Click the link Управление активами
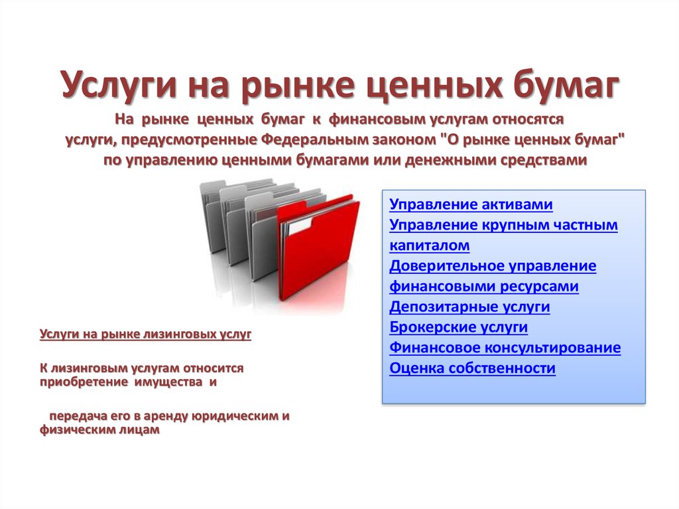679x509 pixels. tap(471, 204)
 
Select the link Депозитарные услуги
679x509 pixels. tap(469, 307)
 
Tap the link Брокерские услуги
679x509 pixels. tap(459, 327)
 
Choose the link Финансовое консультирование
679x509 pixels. tap(505, 347)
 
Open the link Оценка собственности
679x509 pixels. tap(472, 368)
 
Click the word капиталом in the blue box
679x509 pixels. tap(429, 246)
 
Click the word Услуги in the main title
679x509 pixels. tap(119, 85)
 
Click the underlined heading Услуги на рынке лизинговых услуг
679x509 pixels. tap(145, 334)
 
